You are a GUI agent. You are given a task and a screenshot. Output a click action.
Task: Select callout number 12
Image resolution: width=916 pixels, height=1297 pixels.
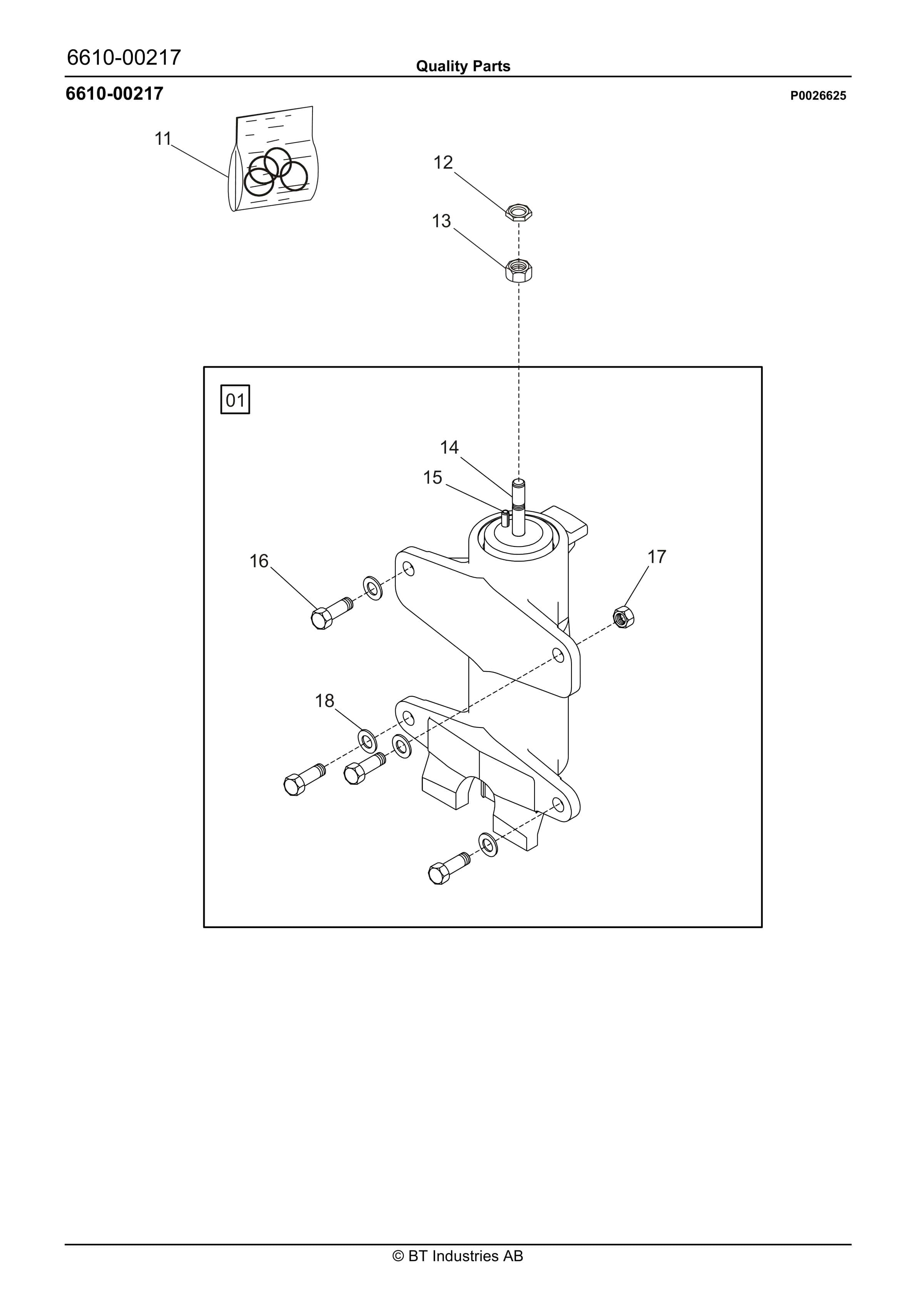point(443,163)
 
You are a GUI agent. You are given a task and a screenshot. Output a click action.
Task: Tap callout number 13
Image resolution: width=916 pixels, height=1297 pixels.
point(441,221)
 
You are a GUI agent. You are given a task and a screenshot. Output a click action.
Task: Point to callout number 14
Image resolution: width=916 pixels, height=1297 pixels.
point(450,447)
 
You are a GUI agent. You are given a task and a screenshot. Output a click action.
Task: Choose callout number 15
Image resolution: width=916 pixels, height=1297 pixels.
point(433,478)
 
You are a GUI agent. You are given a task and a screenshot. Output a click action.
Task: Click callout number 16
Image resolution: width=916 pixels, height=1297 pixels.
point(259,561)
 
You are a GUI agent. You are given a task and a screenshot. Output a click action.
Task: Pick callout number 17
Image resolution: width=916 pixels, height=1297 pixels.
point(657,556)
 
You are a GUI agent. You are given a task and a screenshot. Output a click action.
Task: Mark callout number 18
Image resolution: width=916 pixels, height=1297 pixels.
point(325,700)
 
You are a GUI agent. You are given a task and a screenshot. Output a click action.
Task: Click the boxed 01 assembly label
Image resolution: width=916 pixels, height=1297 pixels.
point(235,400)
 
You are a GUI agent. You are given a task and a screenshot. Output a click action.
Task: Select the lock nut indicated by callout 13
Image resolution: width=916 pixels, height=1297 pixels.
point(518,270)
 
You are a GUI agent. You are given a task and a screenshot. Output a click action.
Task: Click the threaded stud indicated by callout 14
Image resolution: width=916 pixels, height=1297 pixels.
point(518,507)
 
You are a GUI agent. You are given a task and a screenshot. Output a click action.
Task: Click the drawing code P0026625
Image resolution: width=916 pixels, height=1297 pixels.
point(818,96)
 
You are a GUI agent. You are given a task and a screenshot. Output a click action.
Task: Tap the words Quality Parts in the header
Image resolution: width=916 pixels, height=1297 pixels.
point(463,67)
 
